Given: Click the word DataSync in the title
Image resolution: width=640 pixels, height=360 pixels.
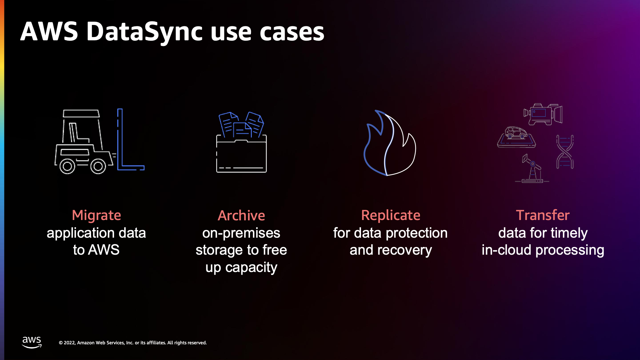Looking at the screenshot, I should click(144, 32).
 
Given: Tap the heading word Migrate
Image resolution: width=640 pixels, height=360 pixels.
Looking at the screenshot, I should click(96, 215).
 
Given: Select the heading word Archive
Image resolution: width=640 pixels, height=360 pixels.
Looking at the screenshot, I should click(241, 216).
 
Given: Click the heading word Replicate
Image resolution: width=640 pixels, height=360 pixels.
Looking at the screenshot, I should click(391, 215).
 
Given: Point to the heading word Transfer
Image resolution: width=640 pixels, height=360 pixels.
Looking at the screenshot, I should click(543, 215).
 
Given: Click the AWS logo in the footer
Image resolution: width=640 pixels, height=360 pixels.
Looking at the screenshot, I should click(32, 342).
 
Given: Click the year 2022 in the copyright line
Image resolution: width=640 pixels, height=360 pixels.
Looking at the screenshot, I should click(69, 343).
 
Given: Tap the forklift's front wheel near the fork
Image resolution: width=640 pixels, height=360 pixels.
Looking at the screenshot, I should click(98, 166).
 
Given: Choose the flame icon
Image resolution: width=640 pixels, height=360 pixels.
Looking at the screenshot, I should click(389, 143).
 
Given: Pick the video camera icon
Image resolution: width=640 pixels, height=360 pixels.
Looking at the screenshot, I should click(543, 114).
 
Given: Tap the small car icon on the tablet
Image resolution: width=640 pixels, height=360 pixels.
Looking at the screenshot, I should click(516, 133).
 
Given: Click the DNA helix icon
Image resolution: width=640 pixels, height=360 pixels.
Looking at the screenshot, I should click(565, 152).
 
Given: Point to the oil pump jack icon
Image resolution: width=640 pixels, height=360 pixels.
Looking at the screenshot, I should click(532, 169).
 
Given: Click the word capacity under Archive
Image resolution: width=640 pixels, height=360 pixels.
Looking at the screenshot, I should click(251, 268).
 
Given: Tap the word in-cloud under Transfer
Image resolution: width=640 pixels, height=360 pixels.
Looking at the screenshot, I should click(506, 250).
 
